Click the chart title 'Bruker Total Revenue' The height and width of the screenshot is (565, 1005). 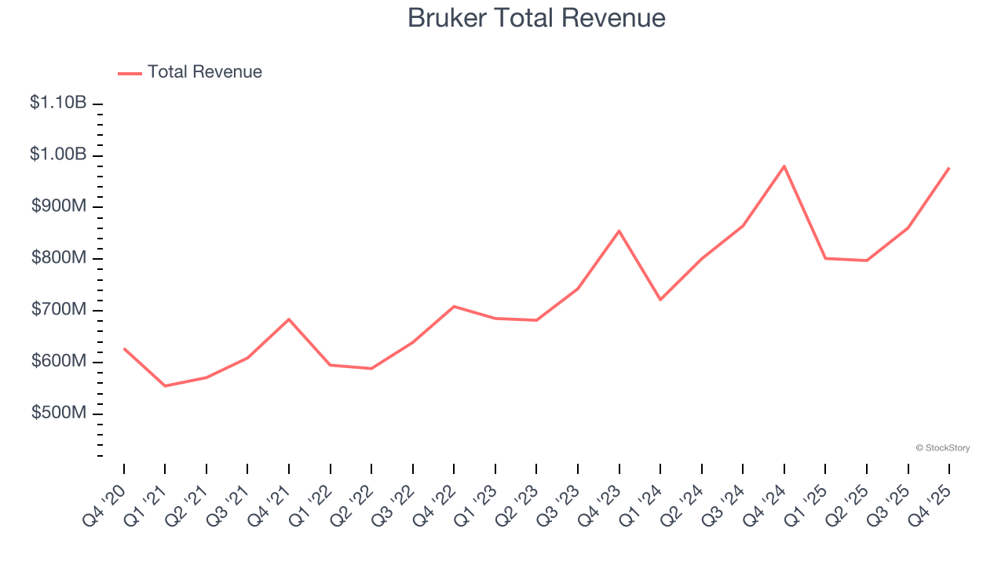click(536, 18)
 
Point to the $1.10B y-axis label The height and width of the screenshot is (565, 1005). click(58, 103)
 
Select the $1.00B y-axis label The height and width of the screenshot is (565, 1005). click(58, 155)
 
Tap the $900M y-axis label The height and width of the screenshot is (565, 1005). click(59, 206)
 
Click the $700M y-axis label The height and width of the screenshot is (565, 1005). click(59, 310)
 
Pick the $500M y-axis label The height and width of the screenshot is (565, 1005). click(59, 414)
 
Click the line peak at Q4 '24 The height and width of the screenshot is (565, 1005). click(784, 166)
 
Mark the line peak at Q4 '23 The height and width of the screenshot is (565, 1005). click(619, 231)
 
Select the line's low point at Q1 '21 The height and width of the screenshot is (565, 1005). click(165, 386)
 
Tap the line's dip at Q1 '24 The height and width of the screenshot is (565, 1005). click(660, 300)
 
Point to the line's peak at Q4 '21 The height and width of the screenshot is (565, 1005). click(289, 319)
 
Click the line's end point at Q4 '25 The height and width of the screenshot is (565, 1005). click(949, 168)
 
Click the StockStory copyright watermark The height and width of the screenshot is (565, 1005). click(942, 448)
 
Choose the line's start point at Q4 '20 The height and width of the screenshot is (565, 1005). click(124, 348)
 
